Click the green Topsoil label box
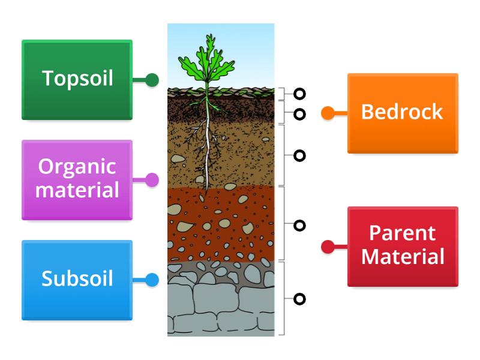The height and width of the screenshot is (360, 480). [x=77, y=80]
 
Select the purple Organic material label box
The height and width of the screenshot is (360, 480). [x=77, y=179]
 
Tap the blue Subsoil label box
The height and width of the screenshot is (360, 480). [x=77, y=280]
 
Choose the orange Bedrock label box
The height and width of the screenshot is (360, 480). [x=403, y=113]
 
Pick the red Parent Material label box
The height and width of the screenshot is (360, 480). [x=403, y=246]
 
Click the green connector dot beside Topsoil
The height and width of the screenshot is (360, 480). [x=152, y=80]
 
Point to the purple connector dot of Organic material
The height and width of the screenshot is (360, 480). [x=152, y=179]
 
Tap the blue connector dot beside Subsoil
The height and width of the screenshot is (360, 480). [x=152, y=280]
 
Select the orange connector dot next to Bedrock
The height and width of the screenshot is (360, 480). [x=328, y=113]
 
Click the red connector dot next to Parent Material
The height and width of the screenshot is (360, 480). [x=328, y=246]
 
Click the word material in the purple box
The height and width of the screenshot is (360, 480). [x=77, y=191]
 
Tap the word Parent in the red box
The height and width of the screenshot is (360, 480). [x=403, y=233]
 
